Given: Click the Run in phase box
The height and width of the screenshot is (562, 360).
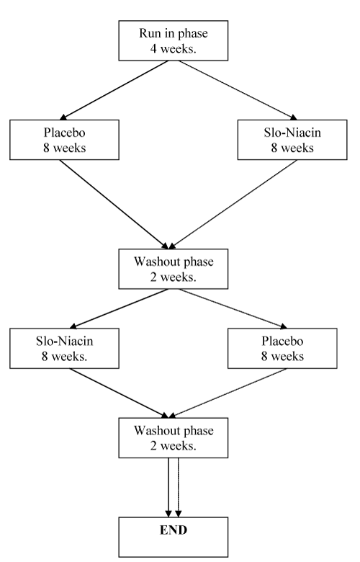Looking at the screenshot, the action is [x=174, y=40].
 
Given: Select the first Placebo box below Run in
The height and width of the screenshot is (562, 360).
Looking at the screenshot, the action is [x=65, y=140].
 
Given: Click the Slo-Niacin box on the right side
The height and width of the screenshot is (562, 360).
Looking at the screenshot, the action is [x=292, y=140].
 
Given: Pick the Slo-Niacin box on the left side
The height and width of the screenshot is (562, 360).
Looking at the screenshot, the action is [x=65, y=349].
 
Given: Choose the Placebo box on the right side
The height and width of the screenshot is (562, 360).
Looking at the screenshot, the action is [x=282, y=349].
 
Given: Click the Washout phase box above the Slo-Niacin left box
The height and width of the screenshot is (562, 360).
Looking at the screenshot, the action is [x=174, y=269].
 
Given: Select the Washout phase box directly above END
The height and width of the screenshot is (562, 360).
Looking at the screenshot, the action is [x=174, y=437].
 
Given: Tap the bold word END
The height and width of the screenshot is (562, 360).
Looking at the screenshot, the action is [x=174, y=530].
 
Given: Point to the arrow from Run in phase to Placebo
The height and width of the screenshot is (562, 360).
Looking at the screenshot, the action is [x=114, y=90].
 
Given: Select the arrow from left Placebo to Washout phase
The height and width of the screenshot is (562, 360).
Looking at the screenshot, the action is [x=114, y=205].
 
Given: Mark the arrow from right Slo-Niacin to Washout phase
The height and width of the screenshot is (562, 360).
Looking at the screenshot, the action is [x=233, y=205].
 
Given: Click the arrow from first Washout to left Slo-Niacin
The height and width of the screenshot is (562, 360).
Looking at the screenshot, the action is [x=119, y=308].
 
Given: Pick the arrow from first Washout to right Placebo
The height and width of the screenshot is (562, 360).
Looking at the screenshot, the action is [x=233, y=308].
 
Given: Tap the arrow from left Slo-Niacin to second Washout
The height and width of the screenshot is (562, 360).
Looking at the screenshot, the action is [x=119, y=393].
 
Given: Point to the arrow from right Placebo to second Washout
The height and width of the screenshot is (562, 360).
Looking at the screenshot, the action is [x=228, y=393].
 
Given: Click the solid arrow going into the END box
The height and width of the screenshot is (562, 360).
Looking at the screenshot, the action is [x=168, y=488].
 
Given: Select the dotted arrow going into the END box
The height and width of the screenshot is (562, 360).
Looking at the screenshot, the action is [x=178, y=488].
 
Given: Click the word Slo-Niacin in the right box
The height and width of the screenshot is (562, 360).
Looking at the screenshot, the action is [x=292, y=133].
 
